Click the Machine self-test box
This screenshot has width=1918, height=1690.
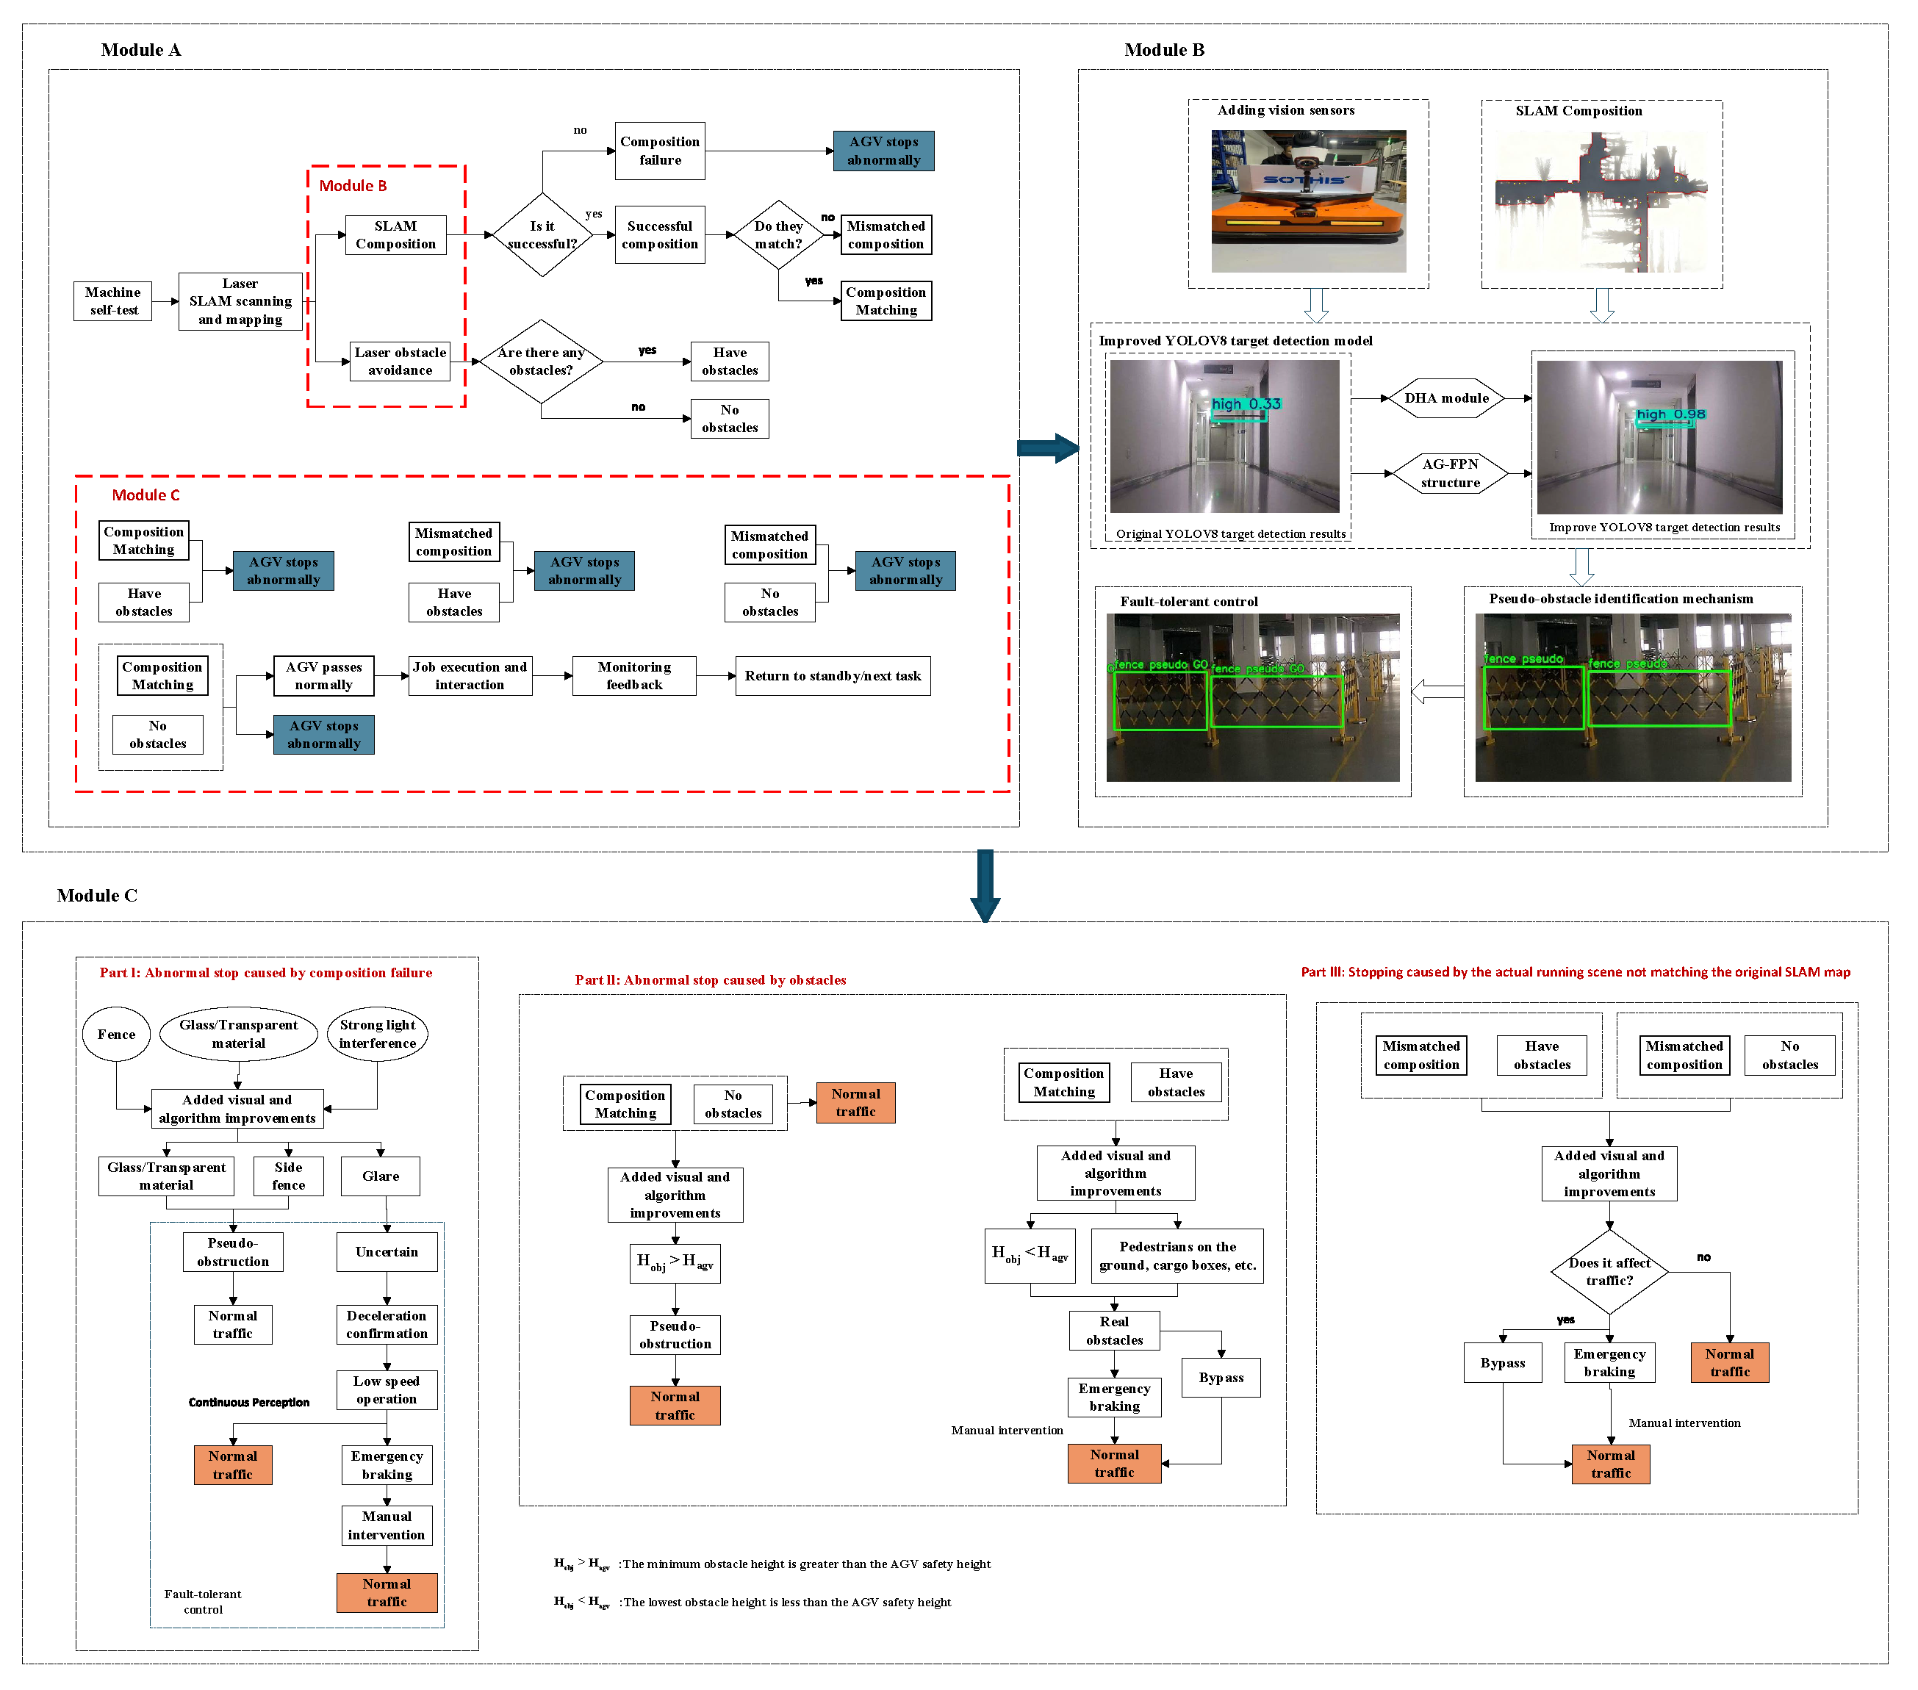coord(112,301)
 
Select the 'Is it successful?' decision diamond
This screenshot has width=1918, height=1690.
coord(542,234)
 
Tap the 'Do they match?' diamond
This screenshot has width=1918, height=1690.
coord(778,234)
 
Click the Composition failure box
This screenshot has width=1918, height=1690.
coord(660,150)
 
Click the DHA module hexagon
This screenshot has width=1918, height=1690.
coord(1446,398)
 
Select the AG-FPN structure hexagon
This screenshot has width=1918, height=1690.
coord(1450,473)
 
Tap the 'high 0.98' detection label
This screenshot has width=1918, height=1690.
coord(1670,414)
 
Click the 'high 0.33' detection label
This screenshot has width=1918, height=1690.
coord(1245,403)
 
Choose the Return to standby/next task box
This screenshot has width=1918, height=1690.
coord(833,675)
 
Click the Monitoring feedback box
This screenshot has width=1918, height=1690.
coord(634,675)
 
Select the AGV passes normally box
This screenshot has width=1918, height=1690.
coord(324,675)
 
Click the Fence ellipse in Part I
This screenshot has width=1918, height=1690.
coord(116,1034)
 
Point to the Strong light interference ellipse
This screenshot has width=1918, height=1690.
coord(377,1034)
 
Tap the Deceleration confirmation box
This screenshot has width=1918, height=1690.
coord(387,1324)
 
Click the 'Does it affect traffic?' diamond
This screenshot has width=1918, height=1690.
coord(1609,1271)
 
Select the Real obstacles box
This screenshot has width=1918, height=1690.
coord(1114,1331)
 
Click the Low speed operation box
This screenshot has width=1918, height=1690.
coord(387,1389)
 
